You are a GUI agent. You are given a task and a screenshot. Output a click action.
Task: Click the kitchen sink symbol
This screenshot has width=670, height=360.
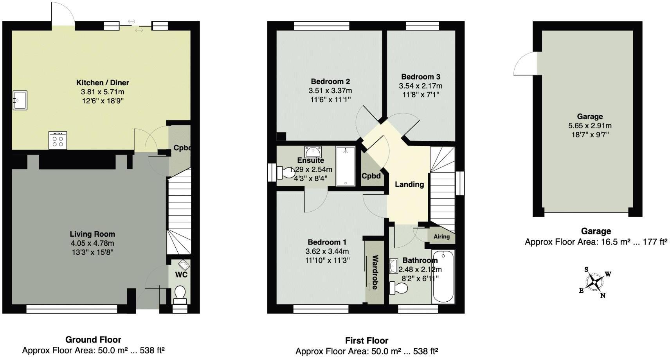20,100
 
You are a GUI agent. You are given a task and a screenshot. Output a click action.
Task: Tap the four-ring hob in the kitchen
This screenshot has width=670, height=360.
58,140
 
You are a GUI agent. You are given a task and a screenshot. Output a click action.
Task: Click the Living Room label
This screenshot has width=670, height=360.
92,234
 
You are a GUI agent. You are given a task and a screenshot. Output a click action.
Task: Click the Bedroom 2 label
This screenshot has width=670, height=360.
330,81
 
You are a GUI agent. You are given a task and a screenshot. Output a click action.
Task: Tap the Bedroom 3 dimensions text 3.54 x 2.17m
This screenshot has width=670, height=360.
420,86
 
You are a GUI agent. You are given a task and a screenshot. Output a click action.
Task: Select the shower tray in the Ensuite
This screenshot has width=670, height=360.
346,166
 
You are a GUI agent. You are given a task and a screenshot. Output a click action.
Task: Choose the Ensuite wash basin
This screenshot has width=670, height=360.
313,151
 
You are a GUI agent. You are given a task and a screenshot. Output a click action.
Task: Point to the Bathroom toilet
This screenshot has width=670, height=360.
398,288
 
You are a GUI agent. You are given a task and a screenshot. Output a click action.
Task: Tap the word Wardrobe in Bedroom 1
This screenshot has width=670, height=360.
375,272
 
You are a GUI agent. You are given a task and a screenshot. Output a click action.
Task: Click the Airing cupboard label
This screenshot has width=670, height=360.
441,236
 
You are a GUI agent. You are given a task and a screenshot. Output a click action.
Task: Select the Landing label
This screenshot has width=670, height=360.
409,184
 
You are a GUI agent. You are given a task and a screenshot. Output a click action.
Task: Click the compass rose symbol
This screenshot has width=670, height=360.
595,281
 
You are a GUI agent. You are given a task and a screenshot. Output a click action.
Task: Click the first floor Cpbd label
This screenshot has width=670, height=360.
371,176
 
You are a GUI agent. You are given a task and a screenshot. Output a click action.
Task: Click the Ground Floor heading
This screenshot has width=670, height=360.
93,340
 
